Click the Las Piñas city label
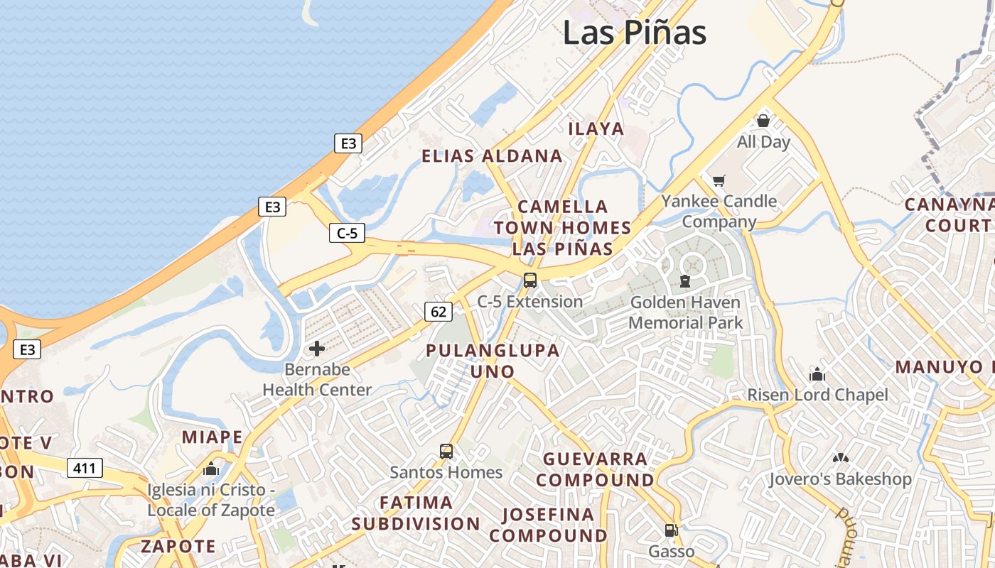pos(635,33)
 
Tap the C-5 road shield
pos(347,232)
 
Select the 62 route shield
pos(439,311)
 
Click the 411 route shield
pos(85,468)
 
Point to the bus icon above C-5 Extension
pos(530,280)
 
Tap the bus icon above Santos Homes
pos(446,451)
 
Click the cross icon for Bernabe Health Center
pos(317,349)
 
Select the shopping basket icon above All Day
pos(763,121)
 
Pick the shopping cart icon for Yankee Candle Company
pos(719,180)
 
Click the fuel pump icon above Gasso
pos(671,530)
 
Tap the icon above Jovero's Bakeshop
pos(840,458)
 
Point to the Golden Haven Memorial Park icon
pos(684,281)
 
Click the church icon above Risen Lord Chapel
pos(817,373)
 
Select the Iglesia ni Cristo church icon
pos(211,469)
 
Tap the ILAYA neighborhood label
pos(596,129)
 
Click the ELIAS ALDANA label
pos(492,156)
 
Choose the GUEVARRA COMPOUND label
pos(595,469)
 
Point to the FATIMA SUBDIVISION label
pos(416,513)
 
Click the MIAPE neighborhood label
pos(212,437)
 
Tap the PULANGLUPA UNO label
pos(493,361)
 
